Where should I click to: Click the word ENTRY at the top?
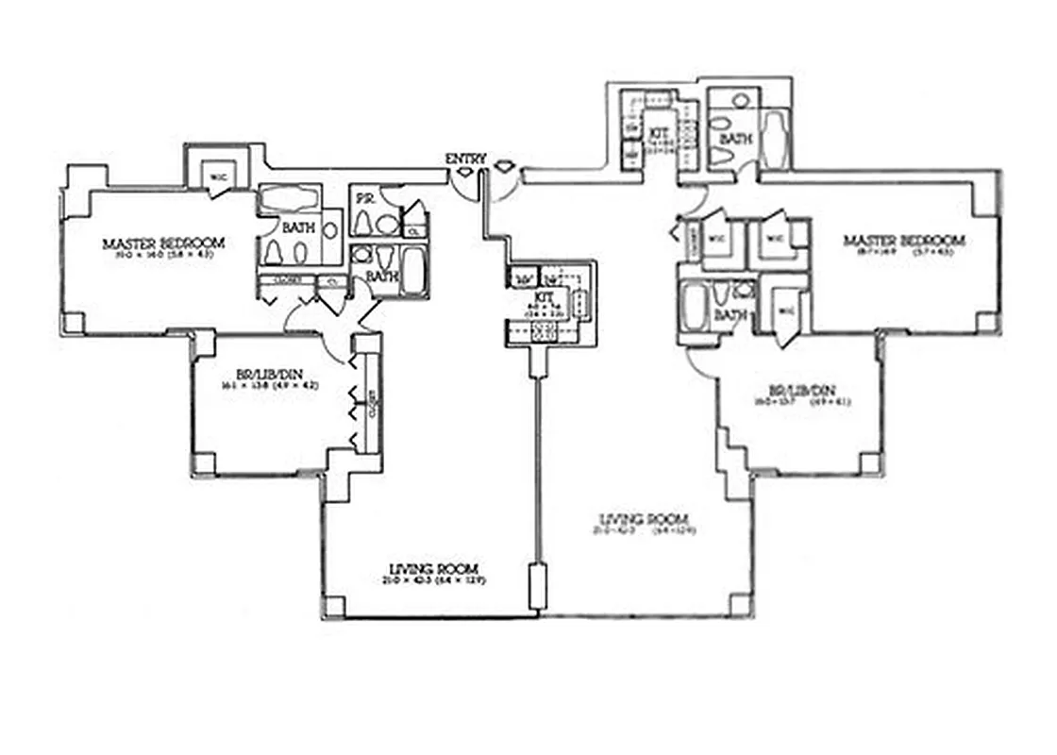[x=465, y=159]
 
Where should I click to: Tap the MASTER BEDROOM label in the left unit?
[x=164, y=243]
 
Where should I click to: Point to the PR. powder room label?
[x=362, y=199]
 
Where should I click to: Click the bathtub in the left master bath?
[x=290, y=199]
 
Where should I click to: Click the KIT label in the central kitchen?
[x=545, y=296]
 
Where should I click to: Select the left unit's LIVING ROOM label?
[x=433, y=568]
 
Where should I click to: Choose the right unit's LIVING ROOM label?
[x=645, y=519]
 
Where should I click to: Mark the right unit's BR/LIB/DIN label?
[x=801, y=390]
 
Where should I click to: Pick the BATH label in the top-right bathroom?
[x=735, y=139]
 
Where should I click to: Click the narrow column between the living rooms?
[x=538, y=585]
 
